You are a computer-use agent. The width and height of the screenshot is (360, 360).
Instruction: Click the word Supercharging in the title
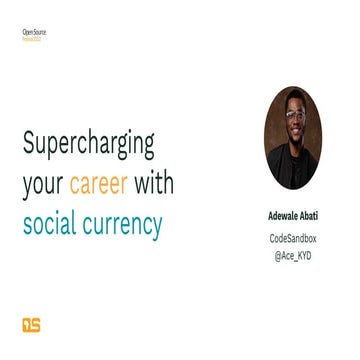point(88,147)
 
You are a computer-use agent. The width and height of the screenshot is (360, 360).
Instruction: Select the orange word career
point(97,185)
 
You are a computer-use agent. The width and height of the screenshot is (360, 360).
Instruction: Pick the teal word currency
point(125,224)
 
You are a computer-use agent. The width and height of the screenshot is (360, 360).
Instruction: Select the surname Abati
point(317,214)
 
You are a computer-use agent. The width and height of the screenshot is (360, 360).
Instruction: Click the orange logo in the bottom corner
point(31,323)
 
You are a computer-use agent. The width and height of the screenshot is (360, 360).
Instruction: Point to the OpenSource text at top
point(34,32)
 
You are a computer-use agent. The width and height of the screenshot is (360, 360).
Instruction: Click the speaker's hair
point(298,97)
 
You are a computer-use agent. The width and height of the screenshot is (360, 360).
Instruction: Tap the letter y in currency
point(155,228)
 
